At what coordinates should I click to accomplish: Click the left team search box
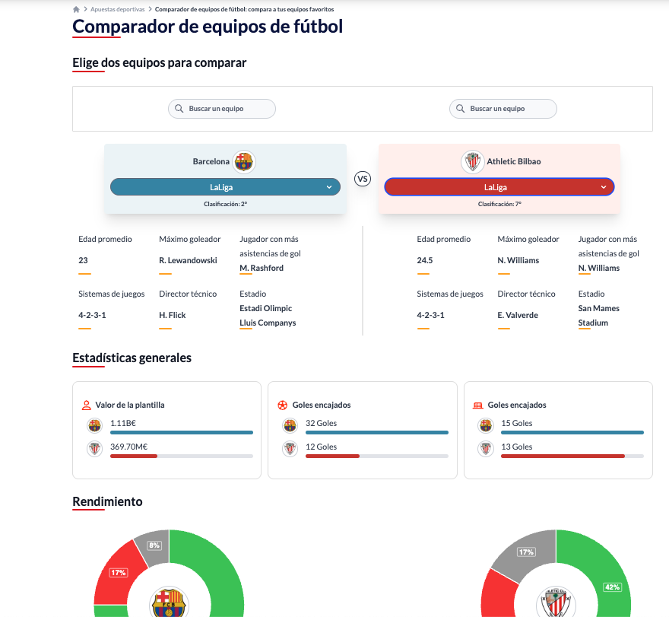(222, 109)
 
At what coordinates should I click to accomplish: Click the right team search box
(503, 109)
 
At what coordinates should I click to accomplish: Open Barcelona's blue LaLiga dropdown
(225, 187)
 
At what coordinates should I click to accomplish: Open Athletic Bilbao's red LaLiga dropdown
(499, 187)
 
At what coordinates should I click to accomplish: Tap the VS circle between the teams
(363, 179)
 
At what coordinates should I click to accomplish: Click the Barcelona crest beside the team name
(244, 161)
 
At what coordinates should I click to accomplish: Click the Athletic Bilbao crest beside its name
(472, 161)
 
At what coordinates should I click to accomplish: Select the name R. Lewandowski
(188, 260)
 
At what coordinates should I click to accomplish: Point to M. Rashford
(262, 268)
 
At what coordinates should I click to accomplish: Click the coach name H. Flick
(173, 315)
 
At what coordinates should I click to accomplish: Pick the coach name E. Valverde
(518, 315)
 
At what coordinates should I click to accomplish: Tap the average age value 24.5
(425, 260)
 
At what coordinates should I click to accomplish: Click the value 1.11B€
(122, 423)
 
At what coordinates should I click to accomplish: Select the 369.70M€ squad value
(128, 447)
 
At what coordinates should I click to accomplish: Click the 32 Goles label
(321, 423)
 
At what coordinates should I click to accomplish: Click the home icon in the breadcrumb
(76, 9)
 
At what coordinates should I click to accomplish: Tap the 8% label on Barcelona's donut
(155, 545)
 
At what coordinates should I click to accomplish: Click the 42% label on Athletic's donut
(612, 587)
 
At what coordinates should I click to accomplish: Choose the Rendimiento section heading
(107, 501)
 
